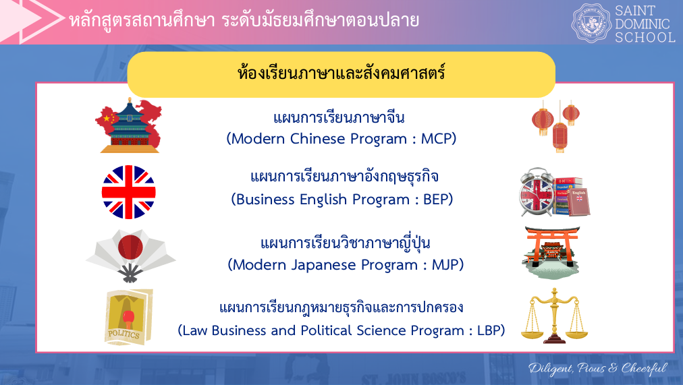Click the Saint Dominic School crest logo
pyautogui.click(x=591, y=23)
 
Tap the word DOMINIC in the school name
pyautogui.click(x=642, y=24)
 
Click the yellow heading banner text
pyautogui.click(x=341, y=73)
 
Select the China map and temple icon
pyautogui.click(x=128, y=125)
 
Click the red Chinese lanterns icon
pyautogui.click(x=556, y=126)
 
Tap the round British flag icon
pyautogui.click(x=128, y=192)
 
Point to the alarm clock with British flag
pyautogui.click(x=537, y=192)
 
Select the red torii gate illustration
pyautogui.click(x=552, y=252)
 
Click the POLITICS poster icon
pyautogui.click(x=128, y=317)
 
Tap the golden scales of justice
pyautogui.click(x=553, y=316)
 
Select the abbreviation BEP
pyautogui.click(x=436, y=200)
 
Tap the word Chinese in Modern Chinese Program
pyautogui.click(x=318, y=139)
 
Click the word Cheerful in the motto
pyautogui.click(x=645, y=368)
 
